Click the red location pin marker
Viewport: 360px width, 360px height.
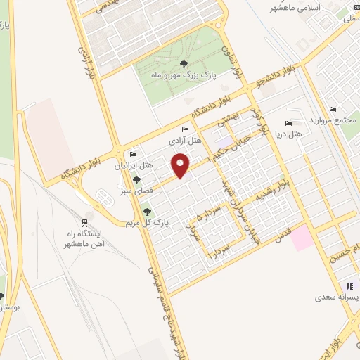pos(181,166)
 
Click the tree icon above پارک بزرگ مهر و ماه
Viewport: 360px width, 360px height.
pos(184,64)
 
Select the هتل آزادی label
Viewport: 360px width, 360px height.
pos(185,141)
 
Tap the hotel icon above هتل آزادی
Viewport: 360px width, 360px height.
pos(185,130)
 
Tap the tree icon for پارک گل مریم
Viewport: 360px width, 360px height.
pos(147,212)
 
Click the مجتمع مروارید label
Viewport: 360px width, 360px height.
pos(333,120)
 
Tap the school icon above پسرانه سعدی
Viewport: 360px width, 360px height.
pos(349,286)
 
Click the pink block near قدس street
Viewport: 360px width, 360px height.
pos(303,237)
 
